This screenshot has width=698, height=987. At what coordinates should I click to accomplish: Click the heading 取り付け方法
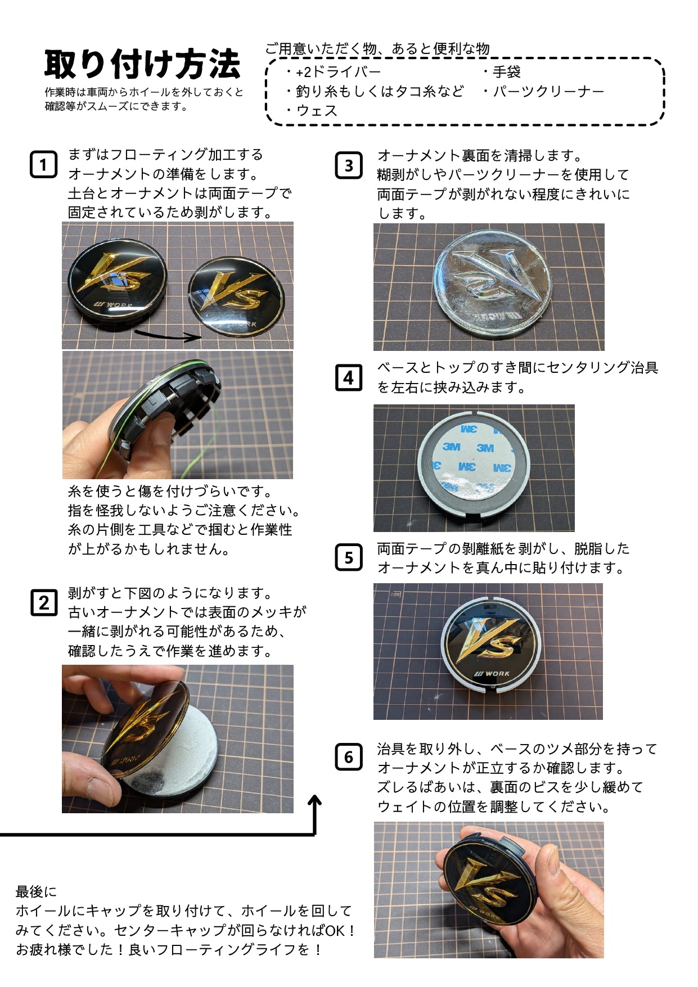pos(142,65)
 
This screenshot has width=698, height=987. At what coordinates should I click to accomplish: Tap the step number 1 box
pos(43,165)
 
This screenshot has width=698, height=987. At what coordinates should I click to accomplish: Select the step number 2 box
pos(44,603)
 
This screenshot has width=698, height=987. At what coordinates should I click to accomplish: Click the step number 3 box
pos(349,165)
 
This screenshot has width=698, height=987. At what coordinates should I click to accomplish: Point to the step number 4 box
pos(349,377)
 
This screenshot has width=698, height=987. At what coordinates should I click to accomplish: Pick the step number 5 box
pos(349,558)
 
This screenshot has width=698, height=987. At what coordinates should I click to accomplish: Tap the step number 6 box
pos(349,757)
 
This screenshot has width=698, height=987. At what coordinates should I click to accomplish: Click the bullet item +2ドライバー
pos(334,72)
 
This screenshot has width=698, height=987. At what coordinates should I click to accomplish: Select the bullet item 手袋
pos(502,72)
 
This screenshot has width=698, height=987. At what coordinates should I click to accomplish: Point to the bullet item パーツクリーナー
pos(543,91)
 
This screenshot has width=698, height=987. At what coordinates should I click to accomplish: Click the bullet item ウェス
pos(313,110)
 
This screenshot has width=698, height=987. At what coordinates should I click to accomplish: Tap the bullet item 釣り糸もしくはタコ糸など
pos(375,91)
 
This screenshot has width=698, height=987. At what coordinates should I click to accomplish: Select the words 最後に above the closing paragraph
pos(37,891)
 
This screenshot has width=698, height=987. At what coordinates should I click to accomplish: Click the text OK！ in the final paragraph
pos(340,931)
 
